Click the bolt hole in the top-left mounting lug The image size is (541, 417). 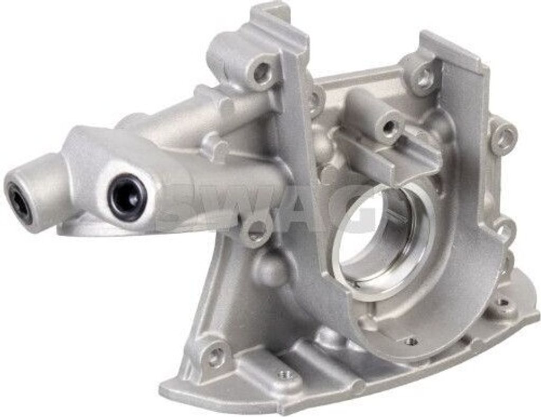(261, 72)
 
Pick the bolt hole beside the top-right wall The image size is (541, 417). (423, 79)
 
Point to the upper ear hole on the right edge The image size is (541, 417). (505, 138)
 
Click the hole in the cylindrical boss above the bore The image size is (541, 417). (389, 127)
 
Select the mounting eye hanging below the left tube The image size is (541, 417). (257, 229)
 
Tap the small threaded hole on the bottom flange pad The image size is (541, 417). (286, 375)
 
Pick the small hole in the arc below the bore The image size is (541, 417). (410, 342)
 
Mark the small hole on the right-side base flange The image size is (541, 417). (502, 303)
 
